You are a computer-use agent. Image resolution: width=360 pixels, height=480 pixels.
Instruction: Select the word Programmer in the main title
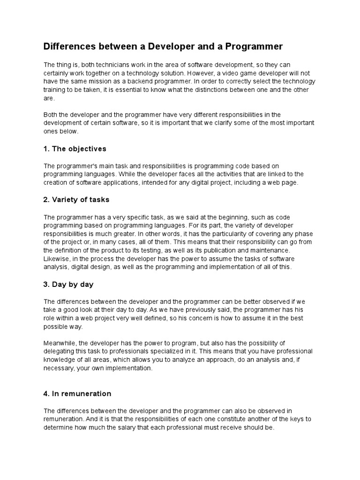[254, 46]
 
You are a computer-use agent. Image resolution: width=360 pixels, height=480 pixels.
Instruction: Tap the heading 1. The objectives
[75, 149]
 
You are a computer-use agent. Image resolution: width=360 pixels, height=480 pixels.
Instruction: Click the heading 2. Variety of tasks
[76, 199]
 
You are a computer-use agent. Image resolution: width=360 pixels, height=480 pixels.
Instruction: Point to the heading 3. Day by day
[68, 284]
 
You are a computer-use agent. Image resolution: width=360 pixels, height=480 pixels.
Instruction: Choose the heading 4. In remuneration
[77, 393]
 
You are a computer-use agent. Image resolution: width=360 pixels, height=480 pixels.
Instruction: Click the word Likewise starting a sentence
[56, 259]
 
